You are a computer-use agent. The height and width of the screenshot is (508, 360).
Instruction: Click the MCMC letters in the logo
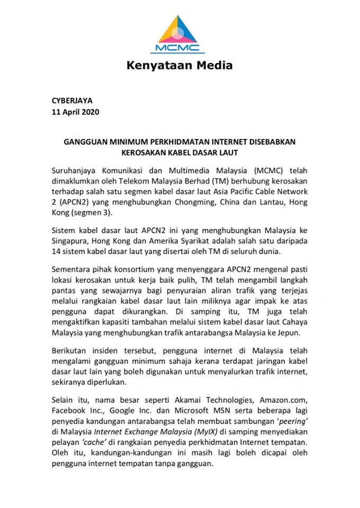pos(177,48)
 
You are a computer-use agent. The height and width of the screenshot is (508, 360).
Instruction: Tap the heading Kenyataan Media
pos(179,66)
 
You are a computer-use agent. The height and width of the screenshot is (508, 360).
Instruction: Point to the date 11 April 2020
pos(76,112)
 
